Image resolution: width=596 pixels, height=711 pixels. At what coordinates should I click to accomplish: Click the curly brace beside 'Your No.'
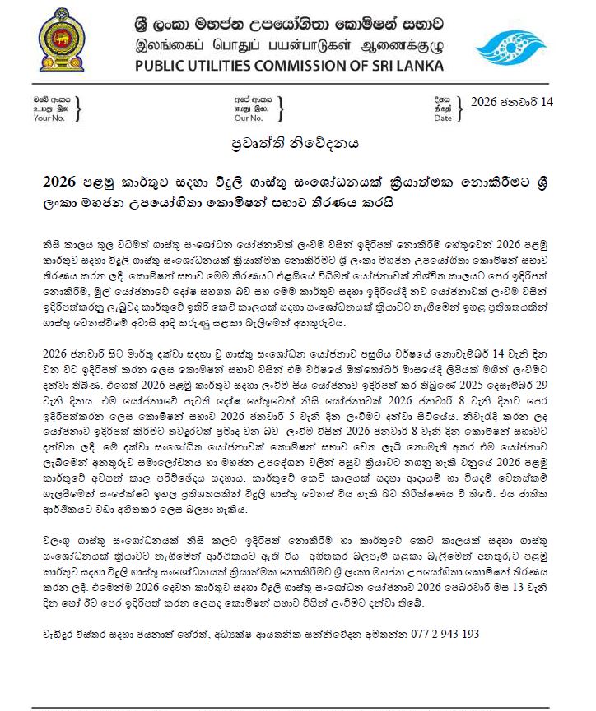point(77,108)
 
